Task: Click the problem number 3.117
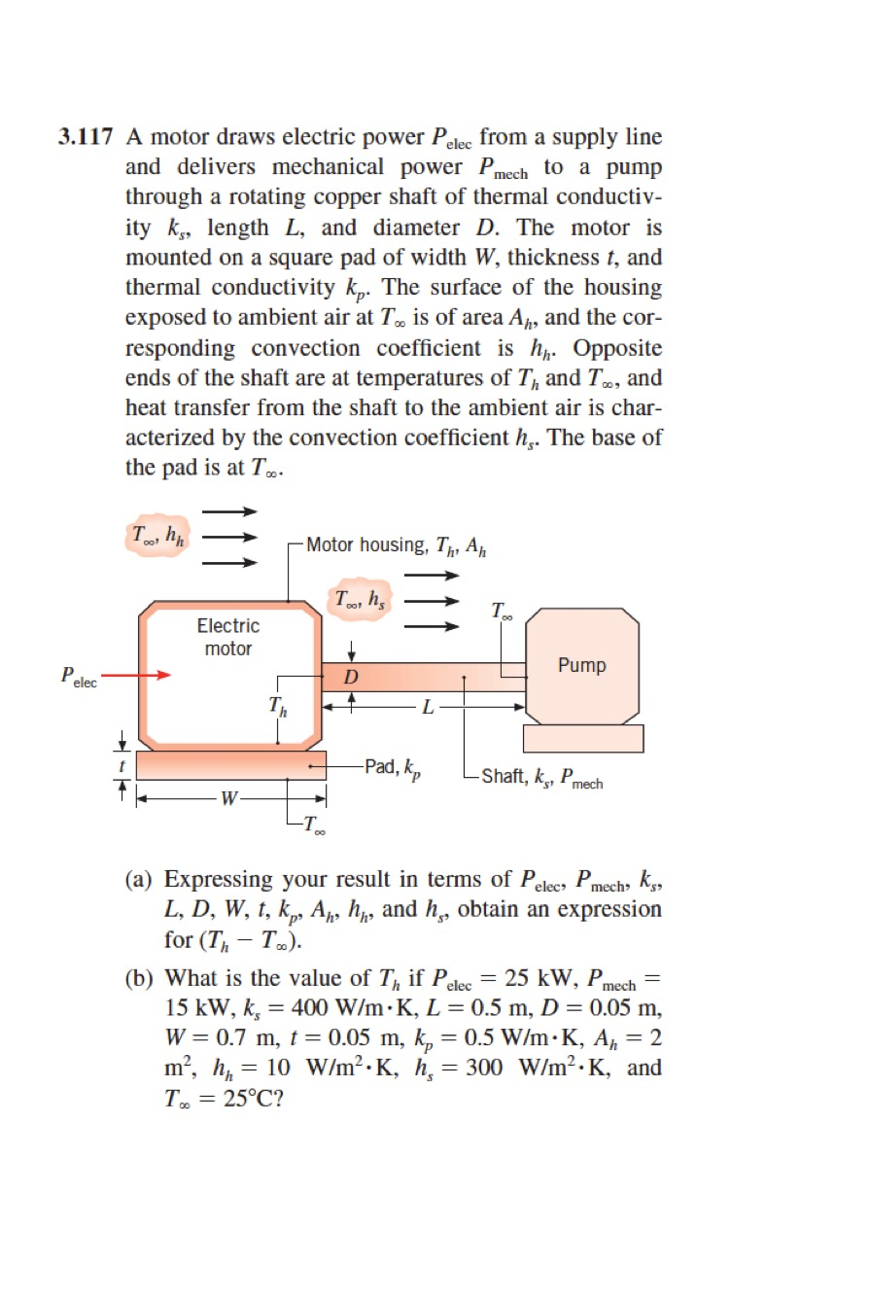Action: coord(87,138)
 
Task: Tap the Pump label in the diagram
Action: coord(581,666)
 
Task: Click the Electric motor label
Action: coord(228,637)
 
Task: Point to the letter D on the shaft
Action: coord(352,677)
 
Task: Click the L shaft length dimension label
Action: coord(425,707)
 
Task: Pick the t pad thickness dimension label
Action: coord(122,765)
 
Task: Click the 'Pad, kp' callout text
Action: coord(394,768)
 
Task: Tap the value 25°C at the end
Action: coord(237,1099)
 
